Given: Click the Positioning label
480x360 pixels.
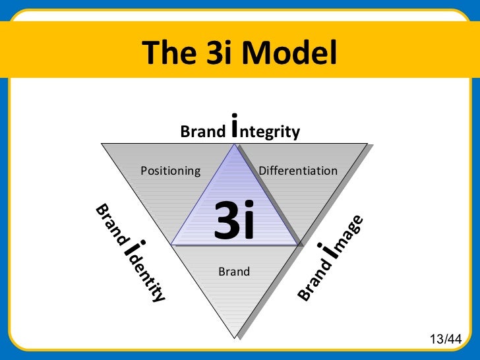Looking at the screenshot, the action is coord(171,171).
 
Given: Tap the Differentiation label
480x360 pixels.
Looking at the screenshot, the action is coord(298,171).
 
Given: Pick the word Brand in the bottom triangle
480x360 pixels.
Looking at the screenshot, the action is coord(234,271).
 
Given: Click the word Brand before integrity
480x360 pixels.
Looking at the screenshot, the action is coord(202,132).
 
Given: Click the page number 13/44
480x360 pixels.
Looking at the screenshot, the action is coord(446,339).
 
